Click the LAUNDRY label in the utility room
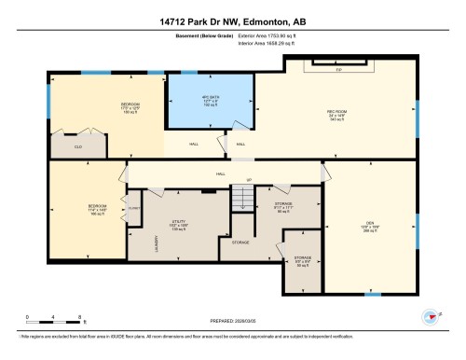pyautogui.click(x=156, y=242)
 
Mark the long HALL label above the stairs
pyautogui.click(x=221, y=173)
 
